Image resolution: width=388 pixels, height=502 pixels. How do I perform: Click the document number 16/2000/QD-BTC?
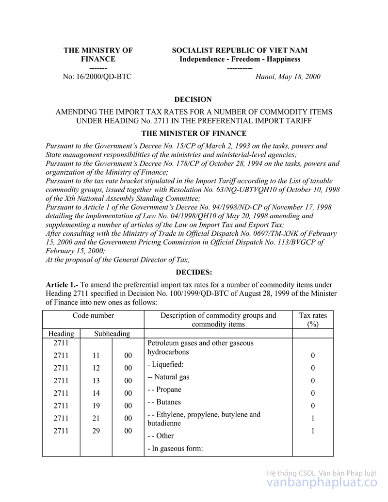(x=97, y=77)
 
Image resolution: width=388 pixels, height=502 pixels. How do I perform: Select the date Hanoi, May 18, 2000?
(x=288, y=77)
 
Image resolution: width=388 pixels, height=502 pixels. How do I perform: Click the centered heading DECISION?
(x=193, y=99)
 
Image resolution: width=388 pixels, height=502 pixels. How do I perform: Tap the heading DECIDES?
(x=194, y=272)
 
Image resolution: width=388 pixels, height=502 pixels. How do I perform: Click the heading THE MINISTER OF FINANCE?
(x=194, y=133)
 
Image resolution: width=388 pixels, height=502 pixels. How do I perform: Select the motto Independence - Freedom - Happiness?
(x=240, y=59)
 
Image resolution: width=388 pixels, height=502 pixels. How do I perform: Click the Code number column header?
(x=93, y=316)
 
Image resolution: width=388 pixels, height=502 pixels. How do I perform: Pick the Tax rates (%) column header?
(x=313, y=320)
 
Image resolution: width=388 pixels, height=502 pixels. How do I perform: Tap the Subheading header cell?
(x=112, y=334)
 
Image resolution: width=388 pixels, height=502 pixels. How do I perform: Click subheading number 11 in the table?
(x=96, y=356)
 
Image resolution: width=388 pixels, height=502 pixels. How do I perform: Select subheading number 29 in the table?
(x=96, y=431)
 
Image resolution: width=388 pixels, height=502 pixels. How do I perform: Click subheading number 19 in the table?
(x=96, y=405)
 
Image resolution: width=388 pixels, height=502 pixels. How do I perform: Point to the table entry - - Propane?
(x=164, y=389)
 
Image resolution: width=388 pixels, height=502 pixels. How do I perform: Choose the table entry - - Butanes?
(x=164, y=402)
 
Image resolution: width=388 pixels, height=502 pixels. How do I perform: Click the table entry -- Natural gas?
(x=168, y=377)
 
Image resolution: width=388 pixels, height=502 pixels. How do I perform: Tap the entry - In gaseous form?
(x=175, y=449)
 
